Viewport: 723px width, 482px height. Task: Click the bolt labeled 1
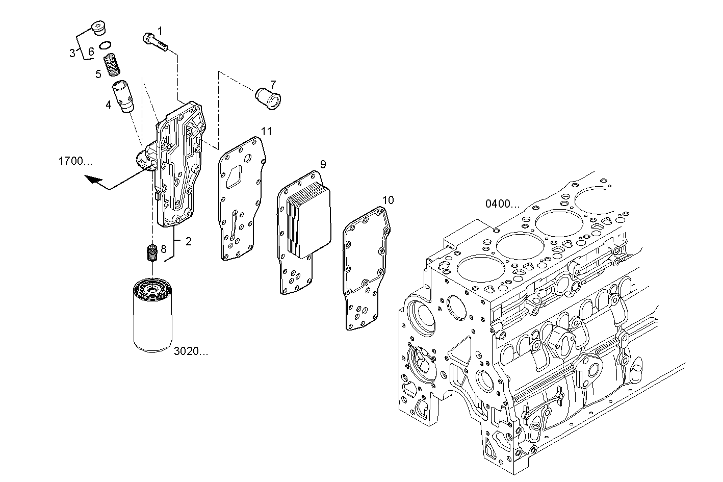156,42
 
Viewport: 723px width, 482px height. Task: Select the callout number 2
188,242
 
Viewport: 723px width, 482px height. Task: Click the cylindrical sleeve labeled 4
123,96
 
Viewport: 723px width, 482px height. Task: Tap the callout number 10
388,200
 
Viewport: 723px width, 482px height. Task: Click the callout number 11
266,132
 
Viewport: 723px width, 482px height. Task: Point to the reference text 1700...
75,162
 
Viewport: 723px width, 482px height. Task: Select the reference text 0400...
502,205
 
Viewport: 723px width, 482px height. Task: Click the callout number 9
323,164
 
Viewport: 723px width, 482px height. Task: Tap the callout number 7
273,84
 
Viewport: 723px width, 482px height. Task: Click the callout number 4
108,105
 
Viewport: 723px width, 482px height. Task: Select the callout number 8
163,249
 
